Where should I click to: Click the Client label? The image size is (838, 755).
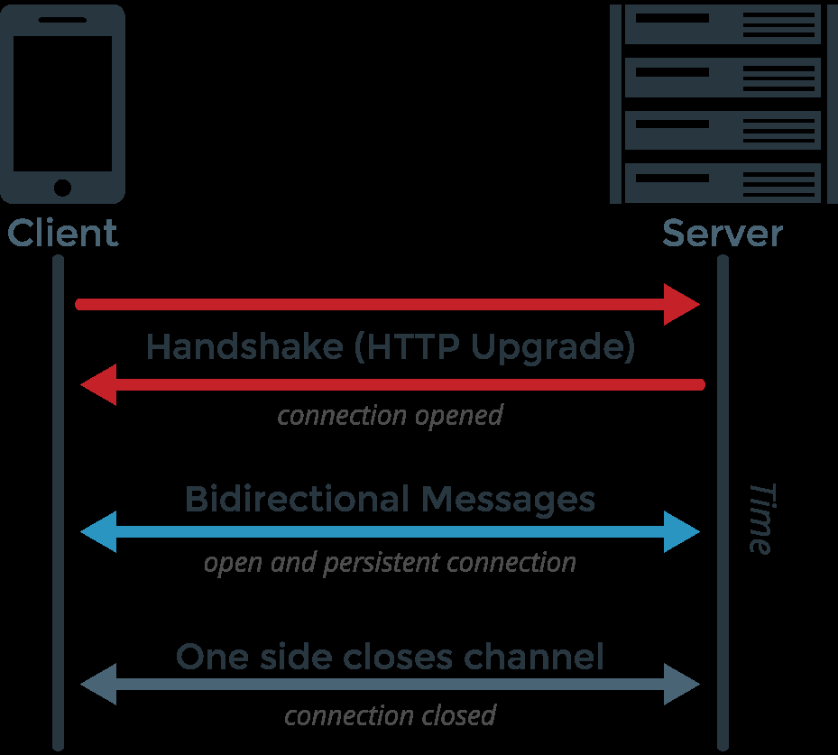62,234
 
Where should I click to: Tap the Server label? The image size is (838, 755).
723,234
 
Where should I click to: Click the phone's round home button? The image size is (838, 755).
62,188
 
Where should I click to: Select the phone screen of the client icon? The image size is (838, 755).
62,104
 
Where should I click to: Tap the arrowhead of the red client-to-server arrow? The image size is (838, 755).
683,304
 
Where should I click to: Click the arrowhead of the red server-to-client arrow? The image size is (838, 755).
97,385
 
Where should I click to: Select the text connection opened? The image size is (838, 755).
390,416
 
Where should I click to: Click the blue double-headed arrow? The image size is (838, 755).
391,532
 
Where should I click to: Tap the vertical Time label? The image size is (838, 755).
760,518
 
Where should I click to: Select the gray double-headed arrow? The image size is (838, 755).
391,686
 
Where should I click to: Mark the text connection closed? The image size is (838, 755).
390,715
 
